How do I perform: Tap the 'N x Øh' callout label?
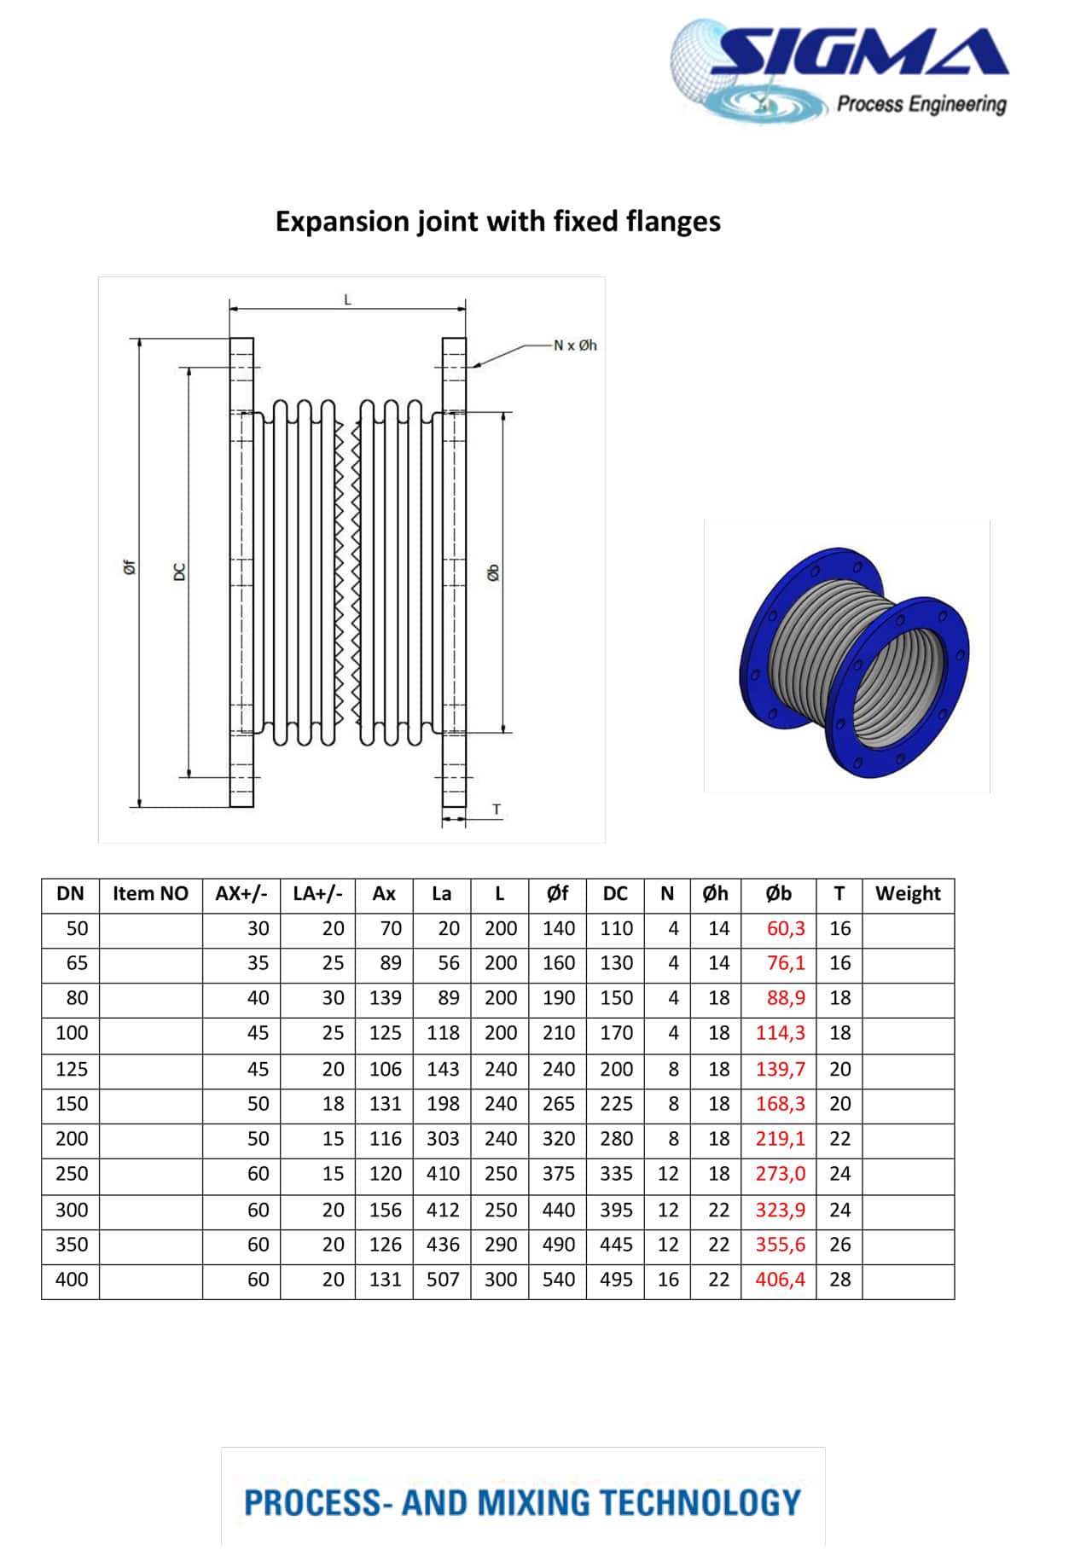[x=575, y=345]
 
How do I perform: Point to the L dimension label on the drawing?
[x=347, y=299]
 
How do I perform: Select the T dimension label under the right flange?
[x=497, y=810]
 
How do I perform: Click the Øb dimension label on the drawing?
[x=493, y=573]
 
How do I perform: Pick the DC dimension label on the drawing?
[x=179, y=572]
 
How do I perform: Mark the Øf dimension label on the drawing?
[x=128, y=567]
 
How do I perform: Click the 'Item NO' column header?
[x=150, y=894]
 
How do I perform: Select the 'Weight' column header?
[x=908, y=894]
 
